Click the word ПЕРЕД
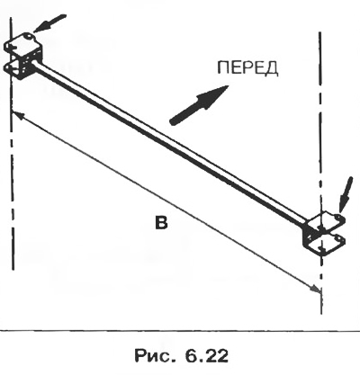pos(247,68)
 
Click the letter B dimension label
pos(161,223)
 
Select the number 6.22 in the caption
pos(207,356)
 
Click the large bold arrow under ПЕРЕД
pos(199,104)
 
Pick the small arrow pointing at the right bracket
pos(345,194)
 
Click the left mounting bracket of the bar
pos(23,56)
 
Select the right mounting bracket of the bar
pos(325,234)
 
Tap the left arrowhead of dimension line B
pos(16,114)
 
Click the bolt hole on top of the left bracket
pos(28,36)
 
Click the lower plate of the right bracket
pos(327,245)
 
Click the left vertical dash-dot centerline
pos(12,144)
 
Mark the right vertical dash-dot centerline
pos(320,173)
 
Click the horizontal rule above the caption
pos(180,330)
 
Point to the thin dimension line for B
pos(166,201)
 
